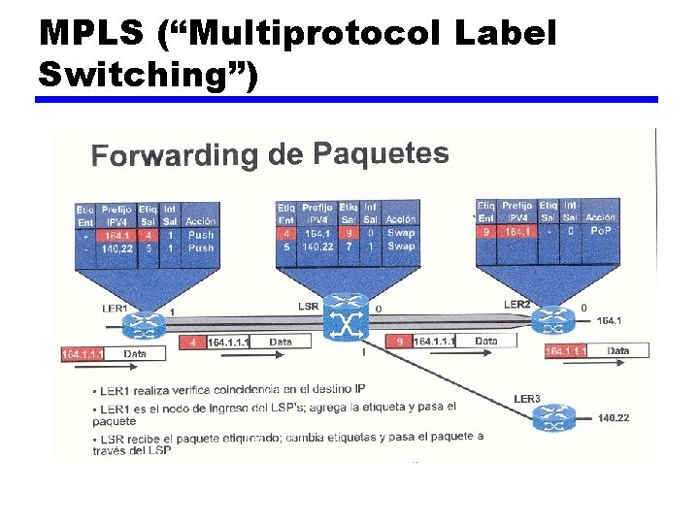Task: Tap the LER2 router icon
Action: point(553,315)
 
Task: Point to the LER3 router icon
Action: point(552,418)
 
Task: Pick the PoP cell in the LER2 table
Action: point(600,231)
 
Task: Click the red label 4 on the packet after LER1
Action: point(194,343)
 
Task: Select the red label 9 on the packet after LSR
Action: point(400,342)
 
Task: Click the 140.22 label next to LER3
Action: point(614,418)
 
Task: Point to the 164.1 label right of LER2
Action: point(610,319)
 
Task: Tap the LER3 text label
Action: point(526,399)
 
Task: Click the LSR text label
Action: point(308,306)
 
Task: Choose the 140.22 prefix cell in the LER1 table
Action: point(116,247)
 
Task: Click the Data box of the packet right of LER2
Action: point(617,350)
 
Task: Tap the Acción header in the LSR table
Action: point(400,220)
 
